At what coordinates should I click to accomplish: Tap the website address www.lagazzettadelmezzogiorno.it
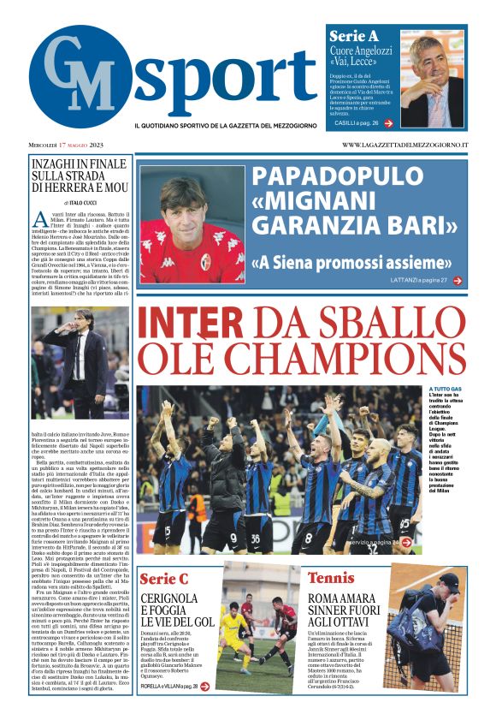click(404, 145)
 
